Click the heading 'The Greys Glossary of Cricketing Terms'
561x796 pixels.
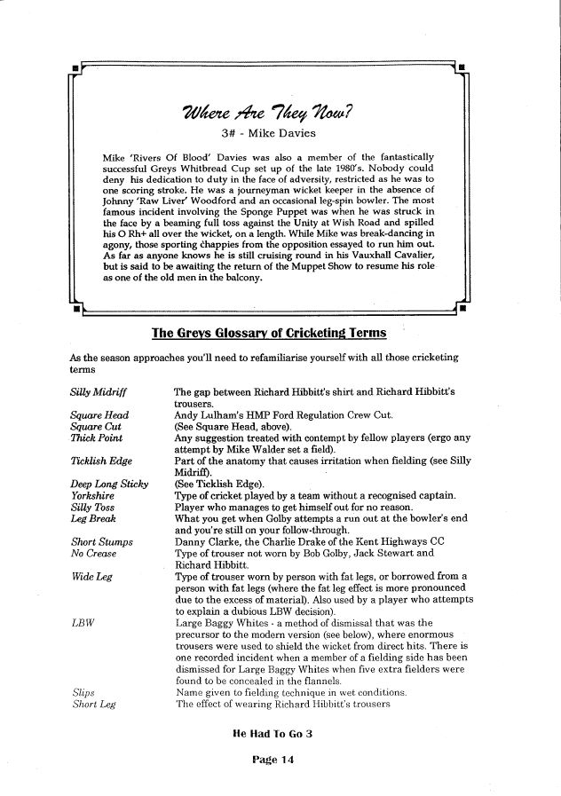pos(270,333)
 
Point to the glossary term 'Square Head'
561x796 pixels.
pos(99,414)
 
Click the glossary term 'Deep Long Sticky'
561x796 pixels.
pos(108,484)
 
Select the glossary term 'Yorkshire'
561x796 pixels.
pos(91,495)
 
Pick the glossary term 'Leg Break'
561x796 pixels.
pos(92,518)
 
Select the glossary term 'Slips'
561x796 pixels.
pos(83,692)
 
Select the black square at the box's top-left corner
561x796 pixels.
pos(78,67)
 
